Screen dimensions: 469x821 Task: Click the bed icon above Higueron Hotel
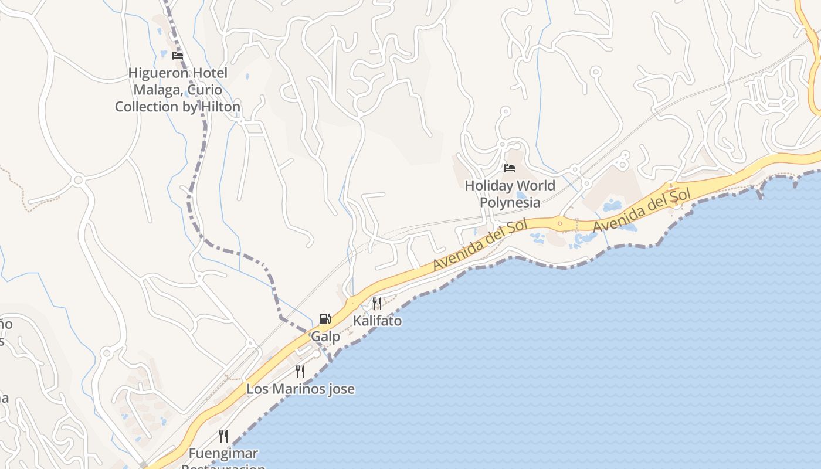click(x=178, y=56)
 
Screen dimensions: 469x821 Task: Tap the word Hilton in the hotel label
click(x=219, y=107)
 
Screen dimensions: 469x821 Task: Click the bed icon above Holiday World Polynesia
click(x=510, y=168)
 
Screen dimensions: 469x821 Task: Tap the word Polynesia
click(x=510, y=203)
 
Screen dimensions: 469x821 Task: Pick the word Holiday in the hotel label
click(x=487, y=186)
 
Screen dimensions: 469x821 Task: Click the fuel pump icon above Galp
click(x=325, y=319)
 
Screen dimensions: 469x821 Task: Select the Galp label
click(x=325, y=337)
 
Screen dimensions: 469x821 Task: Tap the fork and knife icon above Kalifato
click(x=377, y=303)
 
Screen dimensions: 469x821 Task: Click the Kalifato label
click(x=377, y=321)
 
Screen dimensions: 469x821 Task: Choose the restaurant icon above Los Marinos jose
click(x=300, y=371)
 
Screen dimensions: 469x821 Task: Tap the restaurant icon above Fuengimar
click(x=223, y=436)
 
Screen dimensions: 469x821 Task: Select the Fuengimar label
click(x=223, y=453)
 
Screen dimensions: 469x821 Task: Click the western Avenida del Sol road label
click(x=481, y=245)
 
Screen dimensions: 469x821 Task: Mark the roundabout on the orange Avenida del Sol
click(x=560, y=223)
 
